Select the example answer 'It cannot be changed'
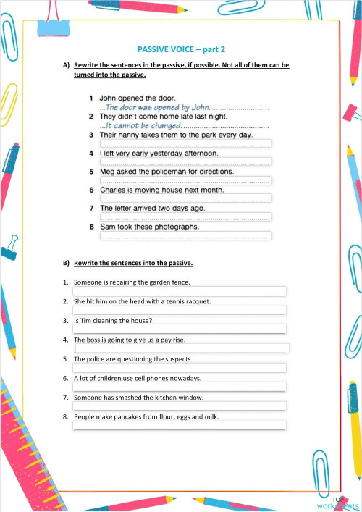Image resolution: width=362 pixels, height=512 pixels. [x=141, y=125]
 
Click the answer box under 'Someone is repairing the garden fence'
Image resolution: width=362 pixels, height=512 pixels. [x=180, y=291]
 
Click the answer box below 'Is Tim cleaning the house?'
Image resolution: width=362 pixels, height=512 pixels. [x=180, y=330]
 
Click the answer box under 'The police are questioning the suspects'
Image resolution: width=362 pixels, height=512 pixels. [x=180, y=368]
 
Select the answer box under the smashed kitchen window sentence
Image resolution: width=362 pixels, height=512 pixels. [x=180, y=406]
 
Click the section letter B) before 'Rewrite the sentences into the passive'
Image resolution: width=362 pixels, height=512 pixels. [x=66, y=263]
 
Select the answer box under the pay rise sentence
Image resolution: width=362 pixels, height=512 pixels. [x=181, y=348]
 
